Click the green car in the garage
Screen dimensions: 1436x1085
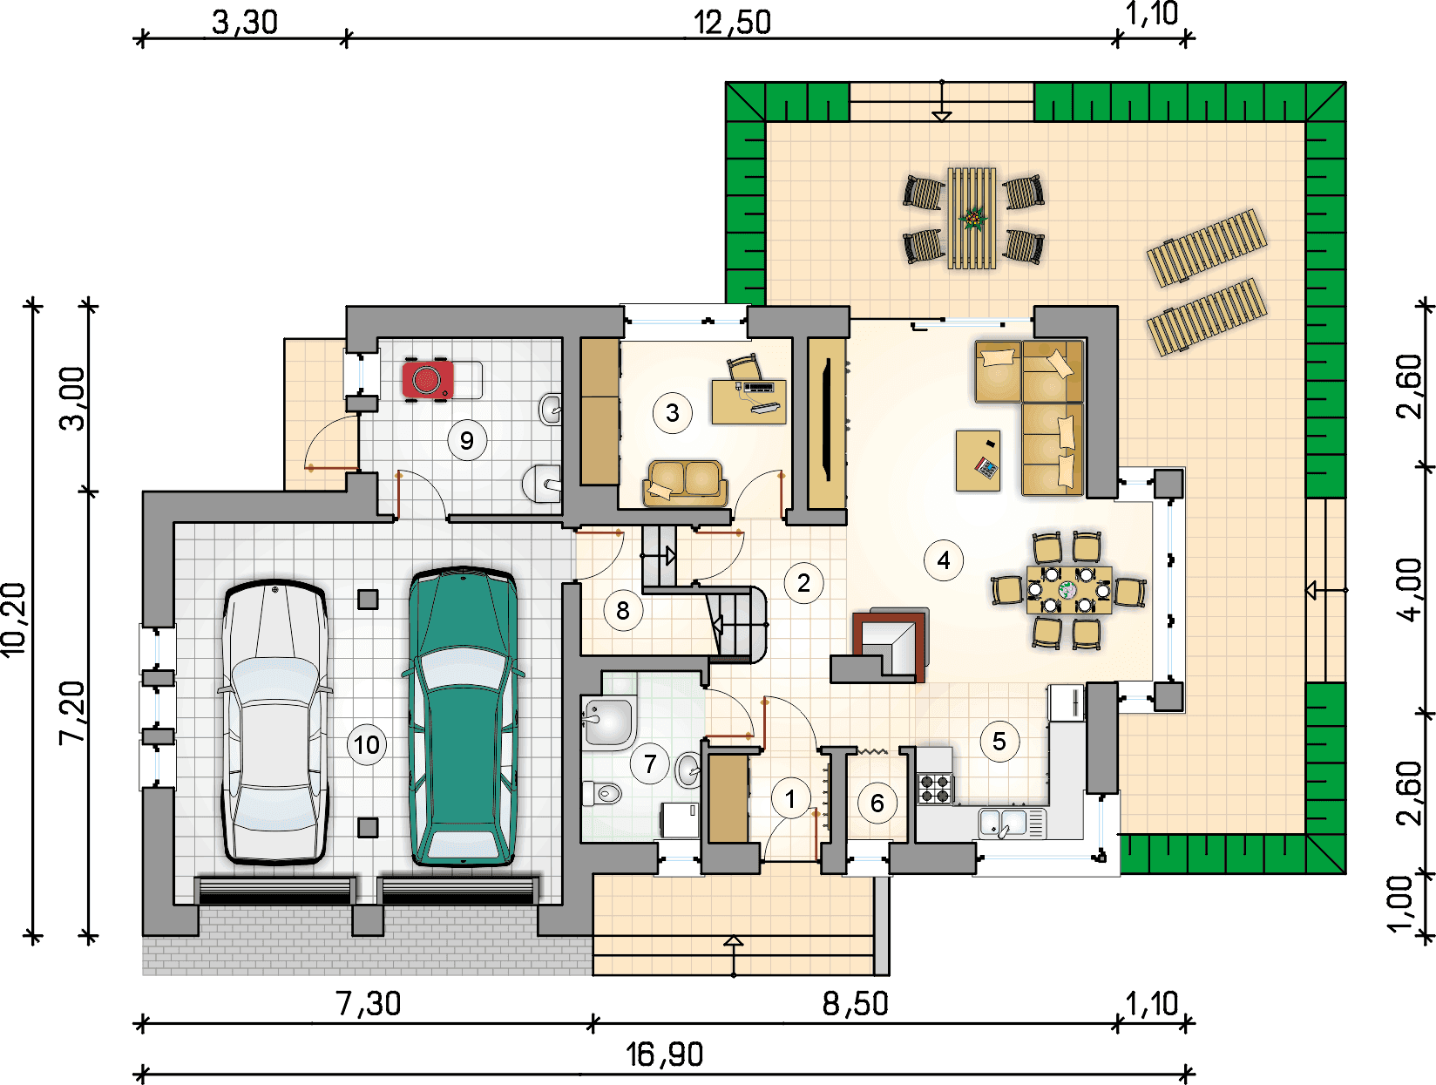(x=463, y=716)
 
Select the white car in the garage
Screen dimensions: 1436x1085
(x=274, y=722)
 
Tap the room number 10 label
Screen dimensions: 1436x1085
(x=366, y=745)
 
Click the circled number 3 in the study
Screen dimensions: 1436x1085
(x=673, y=413)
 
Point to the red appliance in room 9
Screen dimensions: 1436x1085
(x=428, y=379)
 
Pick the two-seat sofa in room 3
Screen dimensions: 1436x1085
(x=685, y=483)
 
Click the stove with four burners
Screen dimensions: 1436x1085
(x=936, y=788)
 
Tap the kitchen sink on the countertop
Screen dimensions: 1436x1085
(x=1012, y=823)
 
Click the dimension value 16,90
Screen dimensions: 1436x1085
(x=664, y=1054)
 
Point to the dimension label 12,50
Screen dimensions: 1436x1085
(x=731, y=23)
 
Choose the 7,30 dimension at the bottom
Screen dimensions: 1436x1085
(x=368, y=1003)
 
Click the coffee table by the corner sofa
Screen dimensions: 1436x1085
(x=978, y=460)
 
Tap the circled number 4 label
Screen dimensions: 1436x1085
(x=944, y=559)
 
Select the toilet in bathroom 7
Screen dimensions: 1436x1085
(x=602, y=793)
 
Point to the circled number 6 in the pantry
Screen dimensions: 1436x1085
(x=877, y=804)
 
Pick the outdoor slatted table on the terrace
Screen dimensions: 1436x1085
(x=972, y=218)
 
